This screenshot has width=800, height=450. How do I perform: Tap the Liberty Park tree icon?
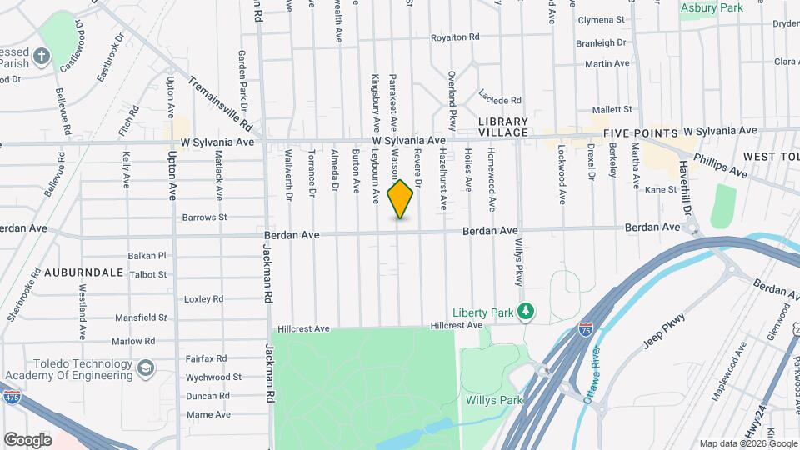coord(526,312)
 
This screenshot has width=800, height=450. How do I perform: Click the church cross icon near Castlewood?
coord(42,57)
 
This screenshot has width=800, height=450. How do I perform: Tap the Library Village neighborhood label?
coord(502,127)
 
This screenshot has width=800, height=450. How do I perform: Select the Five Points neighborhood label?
coord(640,132)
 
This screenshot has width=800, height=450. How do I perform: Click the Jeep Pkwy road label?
coord(663,329)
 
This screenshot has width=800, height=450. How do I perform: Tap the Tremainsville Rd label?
coord(220,103)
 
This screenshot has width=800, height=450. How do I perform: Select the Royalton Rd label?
coord(455,37)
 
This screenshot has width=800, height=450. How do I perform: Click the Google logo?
coord(28,439)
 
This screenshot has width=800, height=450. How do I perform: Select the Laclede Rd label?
coord(500,100)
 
